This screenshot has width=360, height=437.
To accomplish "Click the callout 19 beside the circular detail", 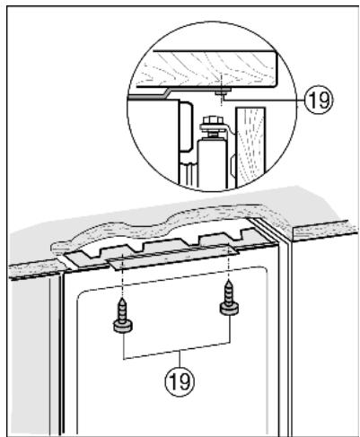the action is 320,101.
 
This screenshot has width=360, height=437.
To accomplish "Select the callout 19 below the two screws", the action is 180,381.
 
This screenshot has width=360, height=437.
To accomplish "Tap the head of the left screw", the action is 123,326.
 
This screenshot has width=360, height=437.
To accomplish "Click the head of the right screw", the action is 229,308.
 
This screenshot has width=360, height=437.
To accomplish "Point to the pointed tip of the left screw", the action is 122,298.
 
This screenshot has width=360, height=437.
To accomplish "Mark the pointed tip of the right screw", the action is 229,280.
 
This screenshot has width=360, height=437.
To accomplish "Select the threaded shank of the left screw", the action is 122,309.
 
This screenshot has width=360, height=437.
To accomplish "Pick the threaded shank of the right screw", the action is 229,292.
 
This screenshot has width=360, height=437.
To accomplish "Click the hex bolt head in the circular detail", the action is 213,121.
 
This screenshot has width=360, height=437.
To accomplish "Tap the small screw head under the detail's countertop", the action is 222,92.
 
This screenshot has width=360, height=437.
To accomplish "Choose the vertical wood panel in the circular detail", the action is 250,146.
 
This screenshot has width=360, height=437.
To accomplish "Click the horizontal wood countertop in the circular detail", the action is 207,69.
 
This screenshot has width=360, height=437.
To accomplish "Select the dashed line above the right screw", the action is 229,262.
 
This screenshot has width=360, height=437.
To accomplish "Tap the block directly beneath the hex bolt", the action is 211,162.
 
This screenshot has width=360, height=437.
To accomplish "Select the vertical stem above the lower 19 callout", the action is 180,360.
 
